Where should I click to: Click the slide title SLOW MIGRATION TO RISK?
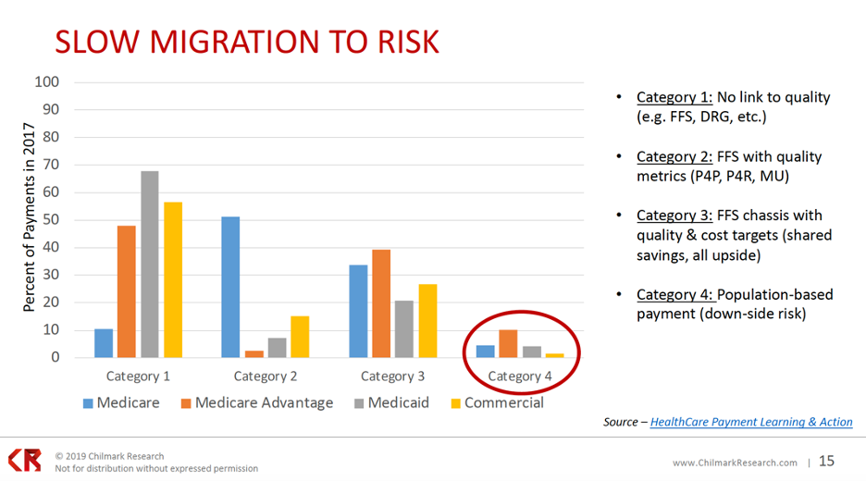pyautogui.click(x=245, y=42)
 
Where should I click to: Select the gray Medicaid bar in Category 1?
pyautogui.click(x=150, y=264)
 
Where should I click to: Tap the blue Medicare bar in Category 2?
pyautogui.click(x=230, y=287)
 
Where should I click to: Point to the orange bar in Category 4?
pyautogui.click(x=508, y=343)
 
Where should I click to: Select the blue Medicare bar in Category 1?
pyautogui.click(x=104, y=343)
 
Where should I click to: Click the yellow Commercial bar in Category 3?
pyautogui.click(x=427, y=320)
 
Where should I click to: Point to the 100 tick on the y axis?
pyautogui.click(x=47, y=82)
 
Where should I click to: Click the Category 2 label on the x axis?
pyautogui.click(x=266, y=376)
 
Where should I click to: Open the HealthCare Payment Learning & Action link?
pyautogui.click(x=751, y=422)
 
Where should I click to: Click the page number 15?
pyautogui.click(x=825, y=461)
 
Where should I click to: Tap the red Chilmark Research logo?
pyautogui.click(x=25, y=461)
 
